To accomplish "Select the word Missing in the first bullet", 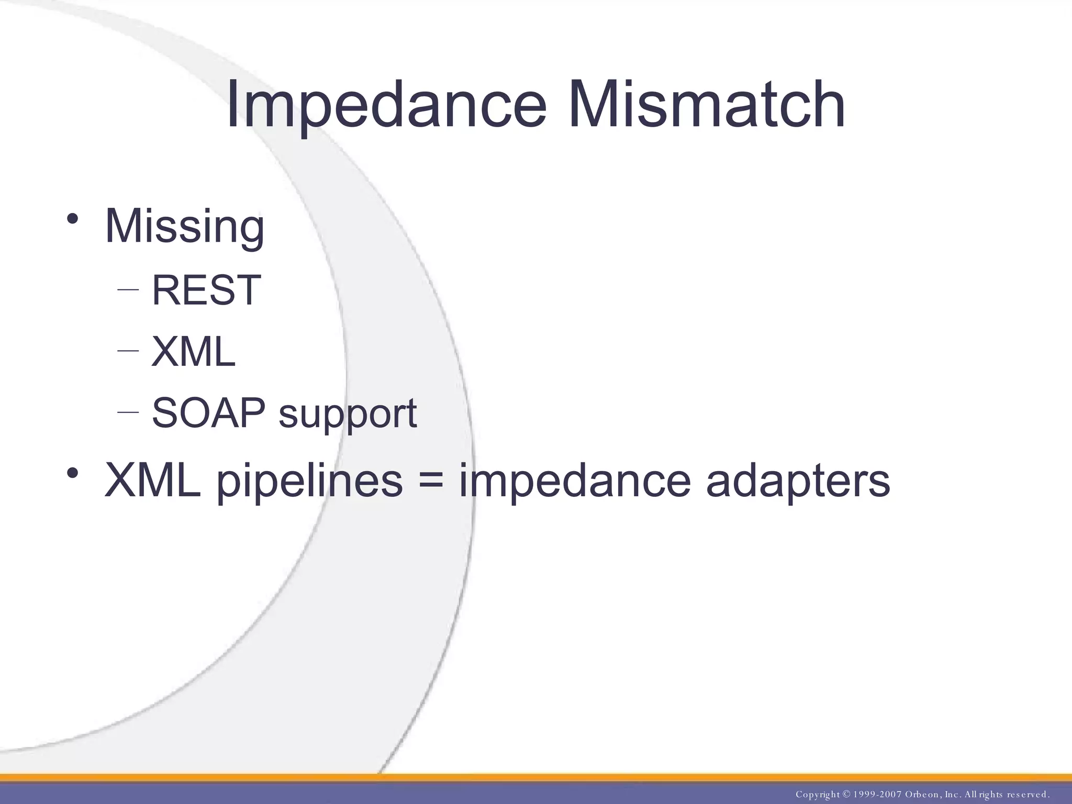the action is click(x=184, y=226).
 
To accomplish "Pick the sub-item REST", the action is click(x=206, y=290).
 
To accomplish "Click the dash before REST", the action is click(x=128, y=289).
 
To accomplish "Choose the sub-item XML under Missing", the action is click(x=193, y=352).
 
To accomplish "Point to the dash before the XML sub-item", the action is click(x=128, y=350).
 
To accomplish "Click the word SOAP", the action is click(x=208, y=413).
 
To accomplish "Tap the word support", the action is click(x=348, y=415).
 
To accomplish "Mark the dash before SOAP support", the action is click(x=128, y=412).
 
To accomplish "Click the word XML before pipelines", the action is click(x=152, y=481).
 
